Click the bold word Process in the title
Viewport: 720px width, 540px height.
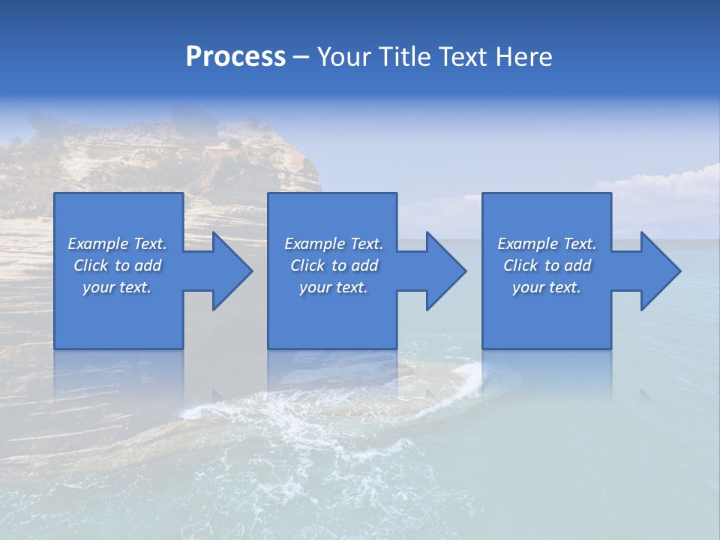pos(235,57)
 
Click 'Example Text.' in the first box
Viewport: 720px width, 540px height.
pos(117,244)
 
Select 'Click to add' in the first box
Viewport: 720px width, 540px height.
pos(117,265)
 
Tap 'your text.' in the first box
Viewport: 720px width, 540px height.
pos(117,287)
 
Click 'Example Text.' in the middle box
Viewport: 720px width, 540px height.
pos(334,244)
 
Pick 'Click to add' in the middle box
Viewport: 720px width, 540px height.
pos(334,265)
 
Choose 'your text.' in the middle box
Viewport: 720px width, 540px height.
pos(334,287)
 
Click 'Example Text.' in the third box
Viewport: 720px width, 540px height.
pos(547,244)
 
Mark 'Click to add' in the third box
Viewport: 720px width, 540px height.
pos(547,265)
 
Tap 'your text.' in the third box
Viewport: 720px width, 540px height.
pos(547,287)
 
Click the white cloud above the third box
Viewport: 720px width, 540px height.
pos(660,184)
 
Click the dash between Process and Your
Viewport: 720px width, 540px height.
pos(301,58)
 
